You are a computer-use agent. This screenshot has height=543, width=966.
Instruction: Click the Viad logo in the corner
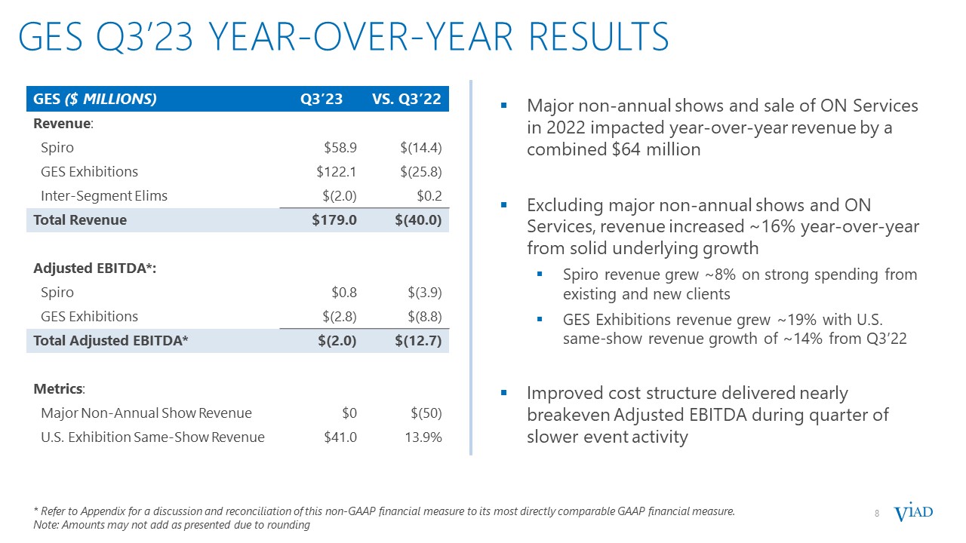click(913, 514)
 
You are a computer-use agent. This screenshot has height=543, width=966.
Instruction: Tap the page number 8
click(877, 514)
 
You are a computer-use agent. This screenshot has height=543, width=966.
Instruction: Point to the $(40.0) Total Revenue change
click(418, 219)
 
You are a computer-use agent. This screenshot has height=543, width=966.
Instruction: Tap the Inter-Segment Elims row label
click(104, 195)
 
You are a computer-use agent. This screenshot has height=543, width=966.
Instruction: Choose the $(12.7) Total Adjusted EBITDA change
click(418, 340)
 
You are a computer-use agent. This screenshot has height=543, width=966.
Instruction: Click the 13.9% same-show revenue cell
click(423, 437)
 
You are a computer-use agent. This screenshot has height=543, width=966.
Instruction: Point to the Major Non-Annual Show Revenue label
click(146, 413)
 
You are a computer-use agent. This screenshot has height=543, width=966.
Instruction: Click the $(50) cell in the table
click(426, 413)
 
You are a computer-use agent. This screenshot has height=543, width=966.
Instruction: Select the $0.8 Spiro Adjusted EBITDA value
click(344, 292)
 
